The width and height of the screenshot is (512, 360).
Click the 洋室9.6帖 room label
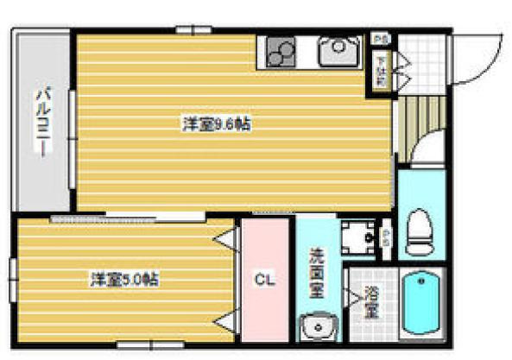[x=216, y=124]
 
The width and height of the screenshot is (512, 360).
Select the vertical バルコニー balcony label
[x=41, y=123]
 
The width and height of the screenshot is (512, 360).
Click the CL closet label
[x=264, y=280]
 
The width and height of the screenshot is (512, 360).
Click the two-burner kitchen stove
[x=280, y=54]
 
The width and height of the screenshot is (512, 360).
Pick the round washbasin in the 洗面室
[x=317, y=329]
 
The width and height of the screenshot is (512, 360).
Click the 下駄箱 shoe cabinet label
[x=380, y=72]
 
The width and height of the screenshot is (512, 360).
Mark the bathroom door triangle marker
[x=353, y=296]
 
